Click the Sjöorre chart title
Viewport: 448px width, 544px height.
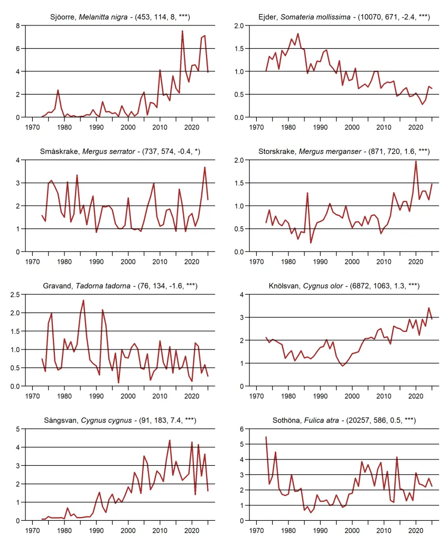click(120, 17)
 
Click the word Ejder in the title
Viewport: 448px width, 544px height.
click(267, 17)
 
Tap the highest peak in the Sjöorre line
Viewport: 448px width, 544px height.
click(182, 31)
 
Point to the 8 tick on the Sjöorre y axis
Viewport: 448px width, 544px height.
click(17, 26)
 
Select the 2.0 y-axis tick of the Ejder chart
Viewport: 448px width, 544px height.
click(239, 26)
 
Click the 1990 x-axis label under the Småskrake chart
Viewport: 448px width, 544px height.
click(96, 262)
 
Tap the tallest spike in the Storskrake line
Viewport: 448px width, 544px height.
click(416, 161)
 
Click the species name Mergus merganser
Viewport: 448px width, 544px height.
click(330, 151)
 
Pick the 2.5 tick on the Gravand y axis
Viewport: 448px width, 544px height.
click(15, 294)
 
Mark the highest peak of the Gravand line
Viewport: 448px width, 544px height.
click(83, 300)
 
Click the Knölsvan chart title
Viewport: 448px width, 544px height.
click(344, 286)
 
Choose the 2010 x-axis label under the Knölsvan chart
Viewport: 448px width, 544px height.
click(384, 396)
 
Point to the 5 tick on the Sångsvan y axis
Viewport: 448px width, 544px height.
click(17, 429)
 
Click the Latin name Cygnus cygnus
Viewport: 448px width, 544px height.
click(106, 420)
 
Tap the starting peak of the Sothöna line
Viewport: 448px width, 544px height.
click(266, 437)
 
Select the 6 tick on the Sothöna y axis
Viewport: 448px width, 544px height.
click(241, 429)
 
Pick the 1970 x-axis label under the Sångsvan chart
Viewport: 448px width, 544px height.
click(33, 530)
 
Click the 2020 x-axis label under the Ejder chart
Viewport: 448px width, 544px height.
click(416, 127)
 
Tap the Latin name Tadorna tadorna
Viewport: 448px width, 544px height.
click(103, 286)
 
